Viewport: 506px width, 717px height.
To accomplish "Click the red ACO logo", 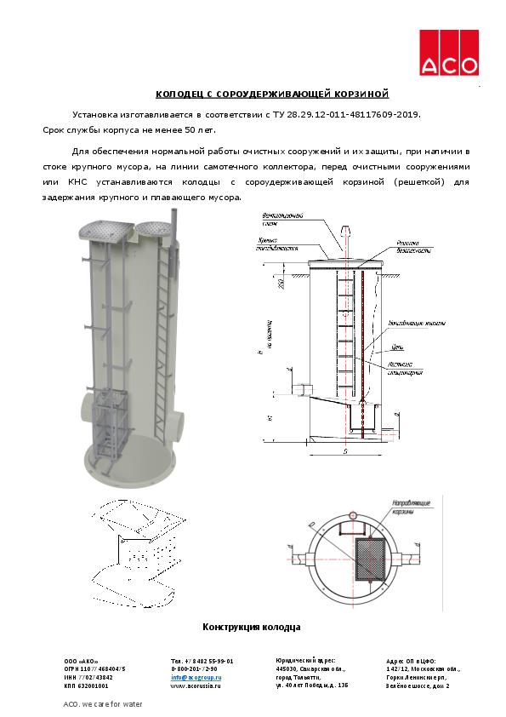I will pos(449,52).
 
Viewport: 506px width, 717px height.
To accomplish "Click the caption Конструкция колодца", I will pos(251,627).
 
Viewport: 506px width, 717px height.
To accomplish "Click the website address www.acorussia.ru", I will pos(195,685).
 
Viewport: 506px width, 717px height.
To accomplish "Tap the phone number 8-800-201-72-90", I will pos(194,669).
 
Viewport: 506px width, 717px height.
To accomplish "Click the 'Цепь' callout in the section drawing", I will pos(396,348).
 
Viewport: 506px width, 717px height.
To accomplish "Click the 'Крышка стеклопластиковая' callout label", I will pos(280,246).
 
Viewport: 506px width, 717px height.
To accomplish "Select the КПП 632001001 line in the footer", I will pos(86,685).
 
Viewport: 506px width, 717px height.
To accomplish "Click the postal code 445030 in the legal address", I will pos(287,668).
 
